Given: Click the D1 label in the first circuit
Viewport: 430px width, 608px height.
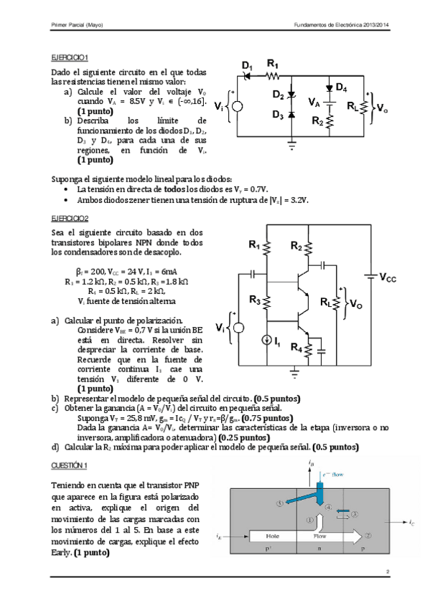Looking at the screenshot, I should pos(248,67).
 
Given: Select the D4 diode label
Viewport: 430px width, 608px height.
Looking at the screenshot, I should pos(341,88).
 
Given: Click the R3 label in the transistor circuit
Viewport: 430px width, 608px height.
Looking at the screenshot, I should pos(255,300).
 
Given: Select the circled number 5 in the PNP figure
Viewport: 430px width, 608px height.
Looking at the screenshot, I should pos(281,503).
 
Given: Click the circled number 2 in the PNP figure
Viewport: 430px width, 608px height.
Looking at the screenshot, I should pos(368,535).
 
